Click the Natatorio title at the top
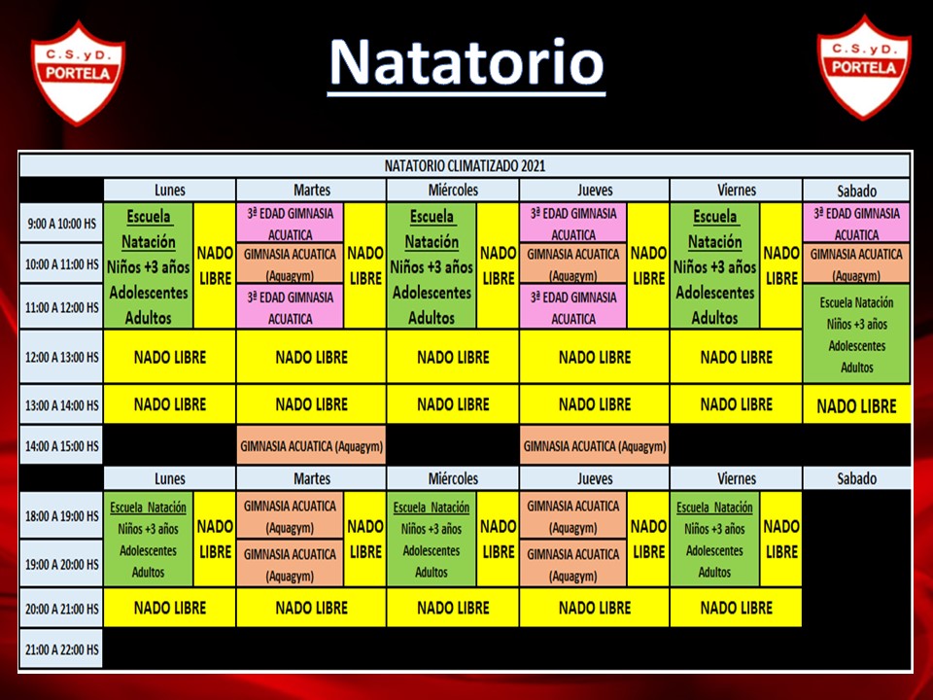pos(466,63)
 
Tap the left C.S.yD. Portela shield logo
pos(78,73)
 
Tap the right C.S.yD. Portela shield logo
pos(864,67)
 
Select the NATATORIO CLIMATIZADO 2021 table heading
pos(465,165)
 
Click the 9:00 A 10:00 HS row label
pos(61,224)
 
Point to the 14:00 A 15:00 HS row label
pos(61,445)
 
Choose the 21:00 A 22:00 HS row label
pos(61,649)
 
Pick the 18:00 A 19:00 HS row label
pos(61,515)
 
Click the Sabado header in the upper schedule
pos(856,191)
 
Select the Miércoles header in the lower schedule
pos(453,478)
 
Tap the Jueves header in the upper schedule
pos(595,190)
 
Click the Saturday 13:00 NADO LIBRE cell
pos(856,405)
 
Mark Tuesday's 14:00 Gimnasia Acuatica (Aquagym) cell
pos(311,445)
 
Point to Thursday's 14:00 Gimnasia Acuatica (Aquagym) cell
pos(595,445)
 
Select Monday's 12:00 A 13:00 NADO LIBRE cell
pos(169,357)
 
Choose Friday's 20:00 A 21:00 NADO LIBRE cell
pos(736,608)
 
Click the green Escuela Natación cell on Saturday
pos(856,333)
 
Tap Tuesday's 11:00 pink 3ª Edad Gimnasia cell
pos(290,307)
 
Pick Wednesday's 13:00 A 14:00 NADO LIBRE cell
pos(453,404)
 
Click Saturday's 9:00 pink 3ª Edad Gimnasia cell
pos(856,223)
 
